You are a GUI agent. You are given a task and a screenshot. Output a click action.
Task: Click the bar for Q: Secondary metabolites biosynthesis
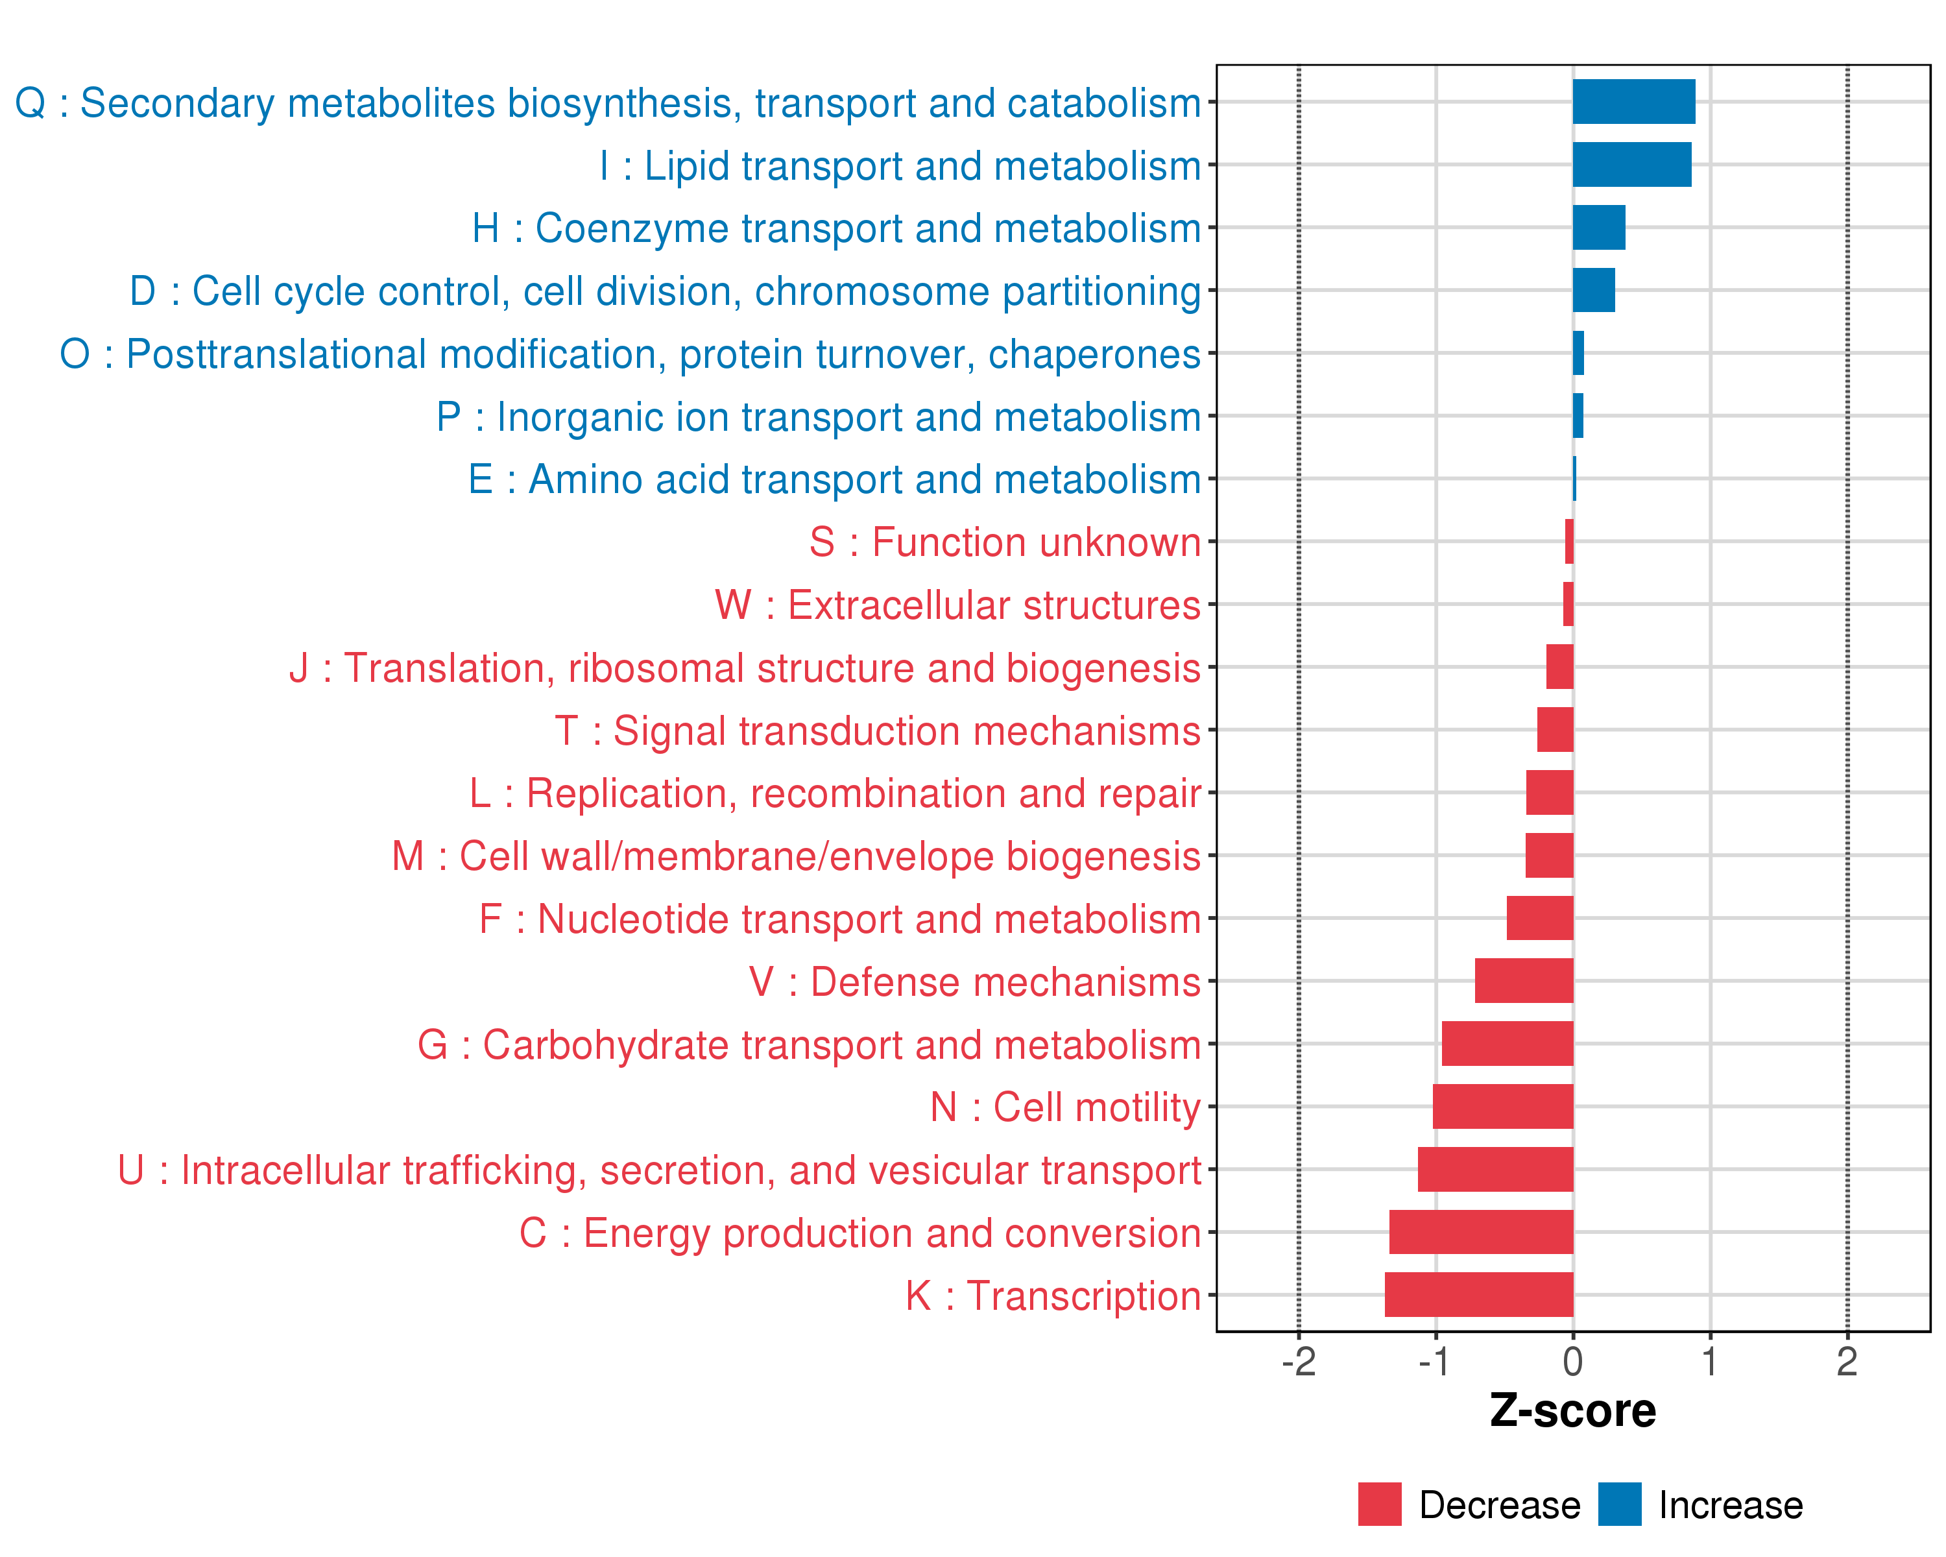tap(1634, 102)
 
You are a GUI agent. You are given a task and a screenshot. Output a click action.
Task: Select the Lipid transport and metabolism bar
tap(1632, 164)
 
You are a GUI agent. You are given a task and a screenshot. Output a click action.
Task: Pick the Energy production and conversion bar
tap(1481, 1232)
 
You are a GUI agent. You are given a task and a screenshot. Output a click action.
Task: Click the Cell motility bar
tap(1503, 1107)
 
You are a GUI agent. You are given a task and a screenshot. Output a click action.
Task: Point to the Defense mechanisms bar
tap(1524, 981)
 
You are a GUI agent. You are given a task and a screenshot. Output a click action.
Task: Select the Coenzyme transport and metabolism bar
tap(1598, 228)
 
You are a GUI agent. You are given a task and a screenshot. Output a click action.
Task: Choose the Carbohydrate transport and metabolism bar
tap(1508, 1043)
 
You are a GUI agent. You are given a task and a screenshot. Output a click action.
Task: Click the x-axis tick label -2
tap(1298, 1362)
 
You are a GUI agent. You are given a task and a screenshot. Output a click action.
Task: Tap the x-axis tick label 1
tap(1709, 1362)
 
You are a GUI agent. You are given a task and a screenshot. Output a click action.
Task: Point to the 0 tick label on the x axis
tap(1572, 1362)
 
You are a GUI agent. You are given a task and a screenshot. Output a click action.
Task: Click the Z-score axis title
tap(1572, 1411)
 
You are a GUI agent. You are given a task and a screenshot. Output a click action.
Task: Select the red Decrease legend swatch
tap(1379, 1504)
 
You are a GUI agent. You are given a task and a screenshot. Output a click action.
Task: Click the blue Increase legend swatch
tap(1619, 1504)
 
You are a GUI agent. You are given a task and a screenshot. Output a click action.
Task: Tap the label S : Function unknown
tap(1005, 542)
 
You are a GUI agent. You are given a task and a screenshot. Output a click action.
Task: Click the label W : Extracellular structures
tap(957, 605)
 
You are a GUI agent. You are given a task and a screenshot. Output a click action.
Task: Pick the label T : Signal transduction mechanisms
tap(878, 730)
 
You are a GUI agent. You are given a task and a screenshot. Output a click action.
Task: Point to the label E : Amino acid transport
tap(834, 479)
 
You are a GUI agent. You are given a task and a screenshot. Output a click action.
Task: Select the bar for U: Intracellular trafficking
tap(1496, 1169)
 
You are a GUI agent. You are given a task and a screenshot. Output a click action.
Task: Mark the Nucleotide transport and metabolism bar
tap(1540, 918)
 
